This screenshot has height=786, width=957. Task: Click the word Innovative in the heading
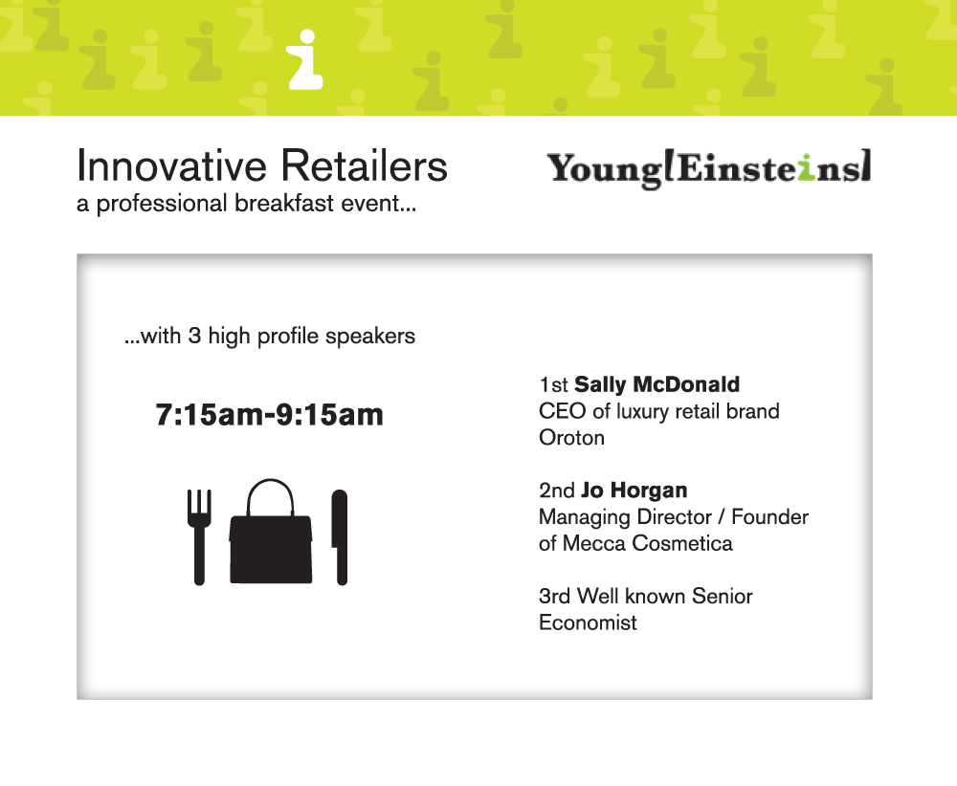172,165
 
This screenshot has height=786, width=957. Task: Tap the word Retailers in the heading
364,165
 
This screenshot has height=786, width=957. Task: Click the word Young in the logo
604,170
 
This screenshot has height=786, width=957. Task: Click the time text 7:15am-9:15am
269,415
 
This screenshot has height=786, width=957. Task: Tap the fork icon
199,536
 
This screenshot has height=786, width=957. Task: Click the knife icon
340,536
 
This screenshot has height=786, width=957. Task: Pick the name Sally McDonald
657,384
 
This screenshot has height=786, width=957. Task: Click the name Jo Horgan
634,491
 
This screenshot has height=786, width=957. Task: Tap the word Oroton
572,438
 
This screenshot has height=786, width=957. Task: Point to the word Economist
588,622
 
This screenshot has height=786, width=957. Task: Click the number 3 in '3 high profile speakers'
194,336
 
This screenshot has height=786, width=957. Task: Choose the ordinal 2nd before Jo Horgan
557,491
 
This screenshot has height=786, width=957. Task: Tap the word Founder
769,517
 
